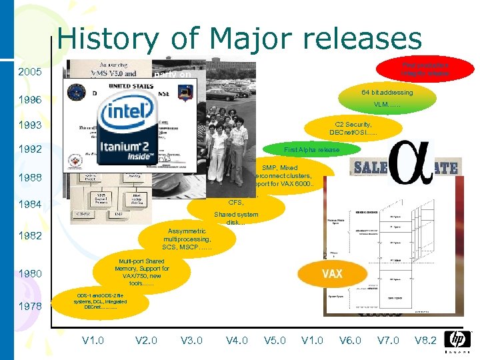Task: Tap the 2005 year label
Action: click(x=30, y=73)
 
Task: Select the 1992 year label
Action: click(x=30, y=150)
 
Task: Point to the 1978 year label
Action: click(x=30, y=306)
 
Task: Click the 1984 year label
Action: click(x=30, y=204)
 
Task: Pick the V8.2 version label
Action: click(x=425, y=340)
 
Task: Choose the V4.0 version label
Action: click(x=237, y=340)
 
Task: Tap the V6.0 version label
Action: click(x=350, y=340)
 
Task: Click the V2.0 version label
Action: click(x=146, y=340)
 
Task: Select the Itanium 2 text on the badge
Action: click(x=131, y=147)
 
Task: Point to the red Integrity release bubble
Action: click(x=425, y=69)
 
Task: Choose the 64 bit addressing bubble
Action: click(x=387, y=99)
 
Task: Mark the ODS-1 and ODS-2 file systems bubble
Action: click(x=100, y=301)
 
